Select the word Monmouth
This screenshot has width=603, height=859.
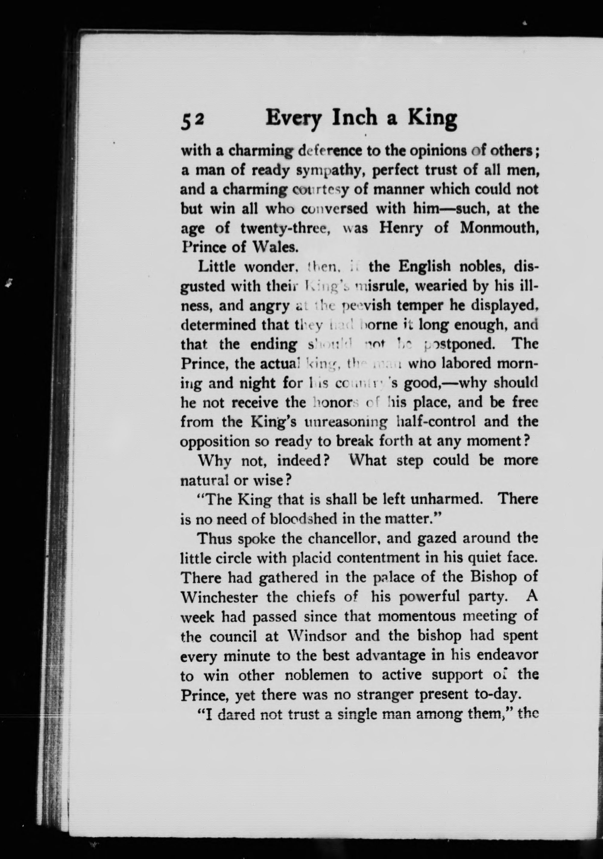pos(499,228)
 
